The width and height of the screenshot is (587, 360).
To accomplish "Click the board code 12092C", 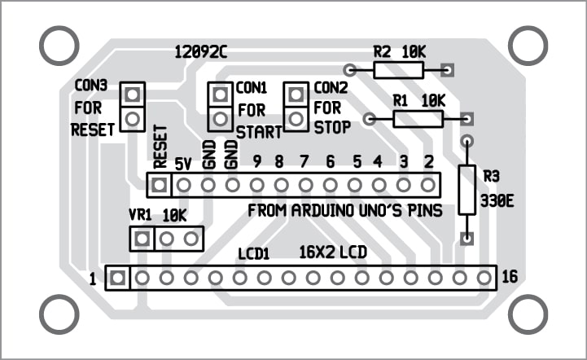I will [200, 52].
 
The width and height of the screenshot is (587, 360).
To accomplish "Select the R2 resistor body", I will [399, 69].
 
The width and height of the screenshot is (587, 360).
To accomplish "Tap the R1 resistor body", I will [418, 119].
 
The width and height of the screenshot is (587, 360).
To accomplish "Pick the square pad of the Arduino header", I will [159, 185].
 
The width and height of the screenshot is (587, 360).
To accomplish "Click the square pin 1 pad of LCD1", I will [118, 278].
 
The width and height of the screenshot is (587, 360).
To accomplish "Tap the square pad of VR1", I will [142, 239].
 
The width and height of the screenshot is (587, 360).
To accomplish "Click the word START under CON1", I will [258, 130].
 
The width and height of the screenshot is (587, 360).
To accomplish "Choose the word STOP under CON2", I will [332, 127].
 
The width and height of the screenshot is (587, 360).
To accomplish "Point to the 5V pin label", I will [183, 164].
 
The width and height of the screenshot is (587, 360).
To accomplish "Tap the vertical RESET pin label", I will [160, 147].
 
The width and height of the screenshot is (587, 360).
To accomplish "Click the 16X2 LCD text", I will [332, 252].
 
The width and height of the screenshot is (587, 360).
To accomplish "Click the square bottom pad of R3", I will [467, 239].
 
